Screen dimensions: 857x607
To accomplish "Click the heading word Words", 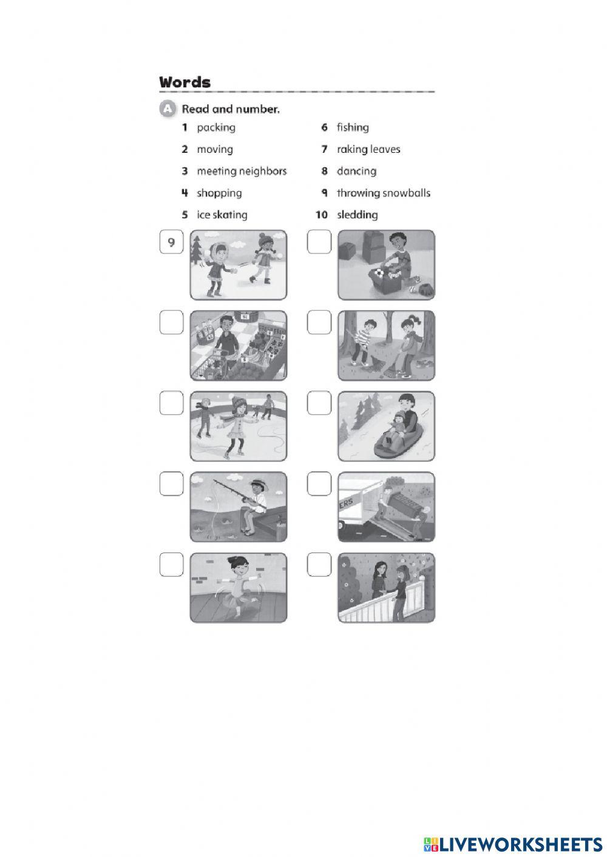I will (185, 82).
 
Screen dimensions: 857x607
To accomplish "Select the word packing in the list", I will (215, 127).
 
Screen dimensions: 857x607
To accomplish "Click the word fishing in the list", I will (353, 127).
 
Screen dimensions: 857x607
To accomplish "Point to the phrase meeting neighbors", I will (241, 171).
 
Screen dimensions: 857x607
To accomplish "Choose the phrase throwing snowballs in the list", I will (383, 193).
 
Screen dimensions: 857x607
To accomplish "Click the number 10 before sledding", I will (321, 215).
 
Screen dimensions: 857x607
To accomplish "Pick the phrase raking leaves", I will (368, 149).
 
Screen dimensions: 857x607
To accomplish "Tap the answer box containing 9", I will (171, 243).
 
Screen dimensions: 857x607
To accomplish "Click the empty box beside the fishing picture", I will (171, 484).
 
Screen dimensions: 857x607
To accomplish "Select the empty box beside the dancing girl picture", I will (171, 565).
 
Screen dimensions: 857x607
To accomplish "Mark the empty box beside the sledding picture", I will (319, 403).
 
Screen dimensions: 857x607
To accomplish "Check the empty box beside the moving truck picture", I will (319, 484).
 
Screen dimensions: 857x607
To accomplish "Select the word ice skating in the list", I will (222, 215).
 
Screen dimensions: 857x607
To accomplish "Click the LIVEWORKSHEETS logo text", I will (520, 844).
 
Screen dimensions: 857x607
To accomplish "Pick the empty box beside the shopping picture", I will (171, 323).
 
